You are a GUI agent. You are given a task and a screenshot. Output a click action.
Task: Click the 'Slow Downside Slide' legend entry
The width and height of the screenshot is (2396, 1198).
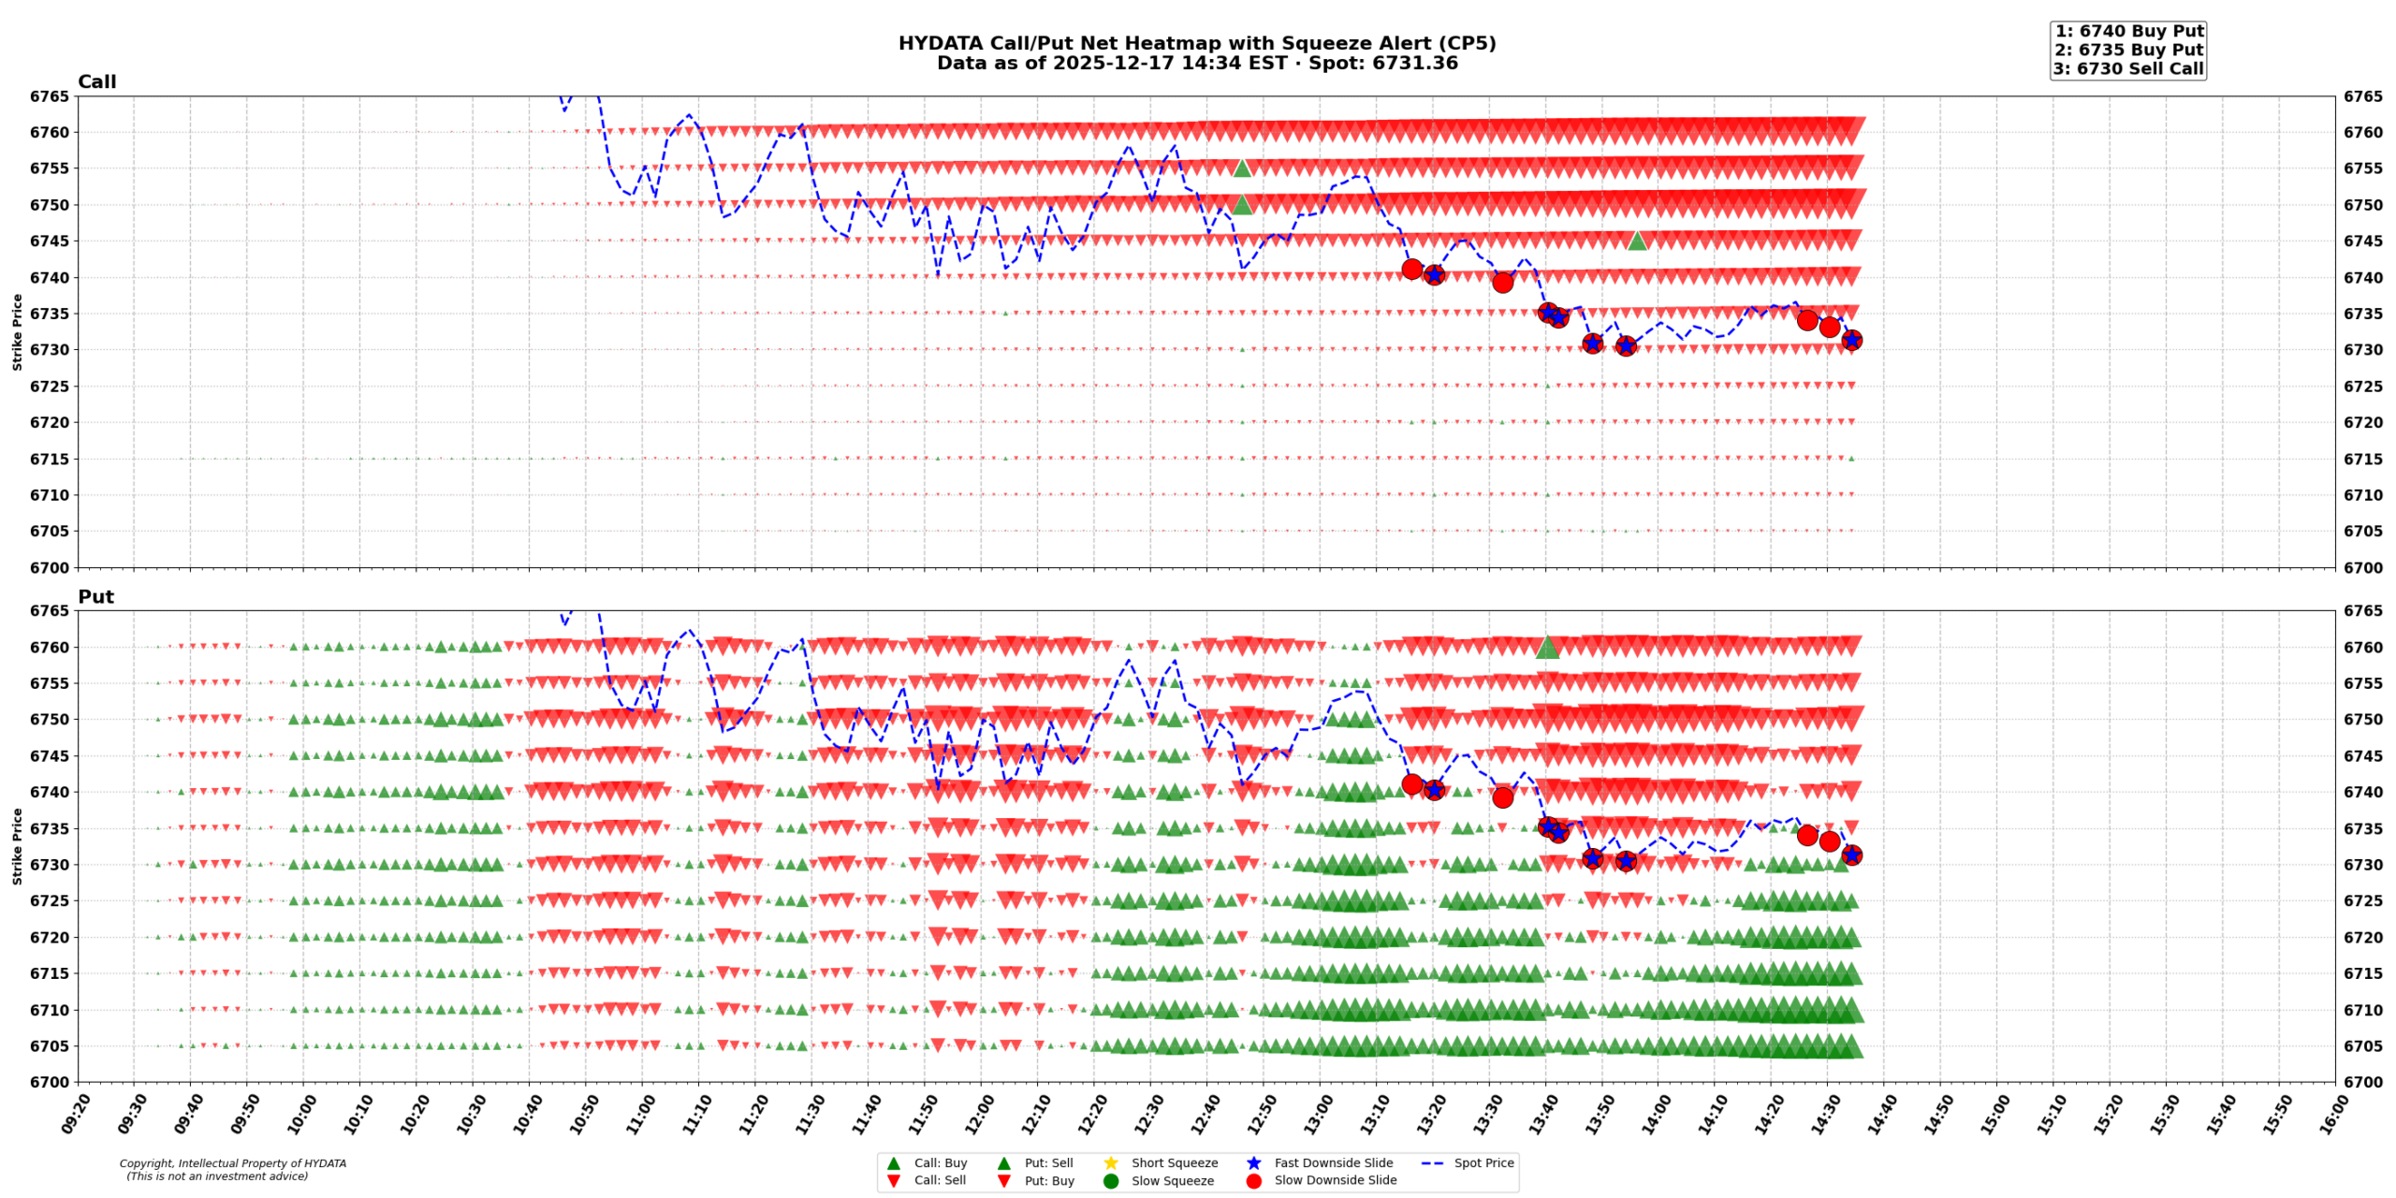pos(1334,1180)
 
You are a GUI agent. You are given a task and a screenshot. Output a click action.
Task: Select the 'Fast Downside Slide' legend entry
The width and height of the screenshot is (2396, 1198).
pos(1332,1162)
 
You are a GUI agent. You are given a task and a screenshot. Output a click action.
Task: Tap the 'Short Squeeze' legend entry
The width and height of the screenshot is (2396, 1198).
pos(1174,1162)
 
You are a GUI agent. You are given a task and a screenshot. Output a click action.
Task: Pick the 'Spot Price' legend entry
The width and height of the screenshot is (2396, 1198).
pos(1483,1162)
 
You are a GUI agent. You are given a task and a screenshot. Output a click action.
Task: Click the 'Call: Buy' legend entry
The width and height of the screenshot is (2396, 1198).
pos(940,1162)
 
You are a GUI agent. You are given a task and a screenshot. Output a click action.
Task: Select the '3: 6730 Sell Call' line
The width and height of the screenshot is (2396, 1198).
pos(2128,68)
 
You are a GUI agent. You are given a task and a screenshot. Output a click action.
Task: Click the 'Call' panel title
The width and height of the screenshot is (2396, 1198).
pos(96,81)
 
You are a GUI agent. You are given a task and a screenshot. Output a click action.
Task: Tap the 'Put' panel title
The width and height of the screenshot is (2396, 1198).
pos(95,596)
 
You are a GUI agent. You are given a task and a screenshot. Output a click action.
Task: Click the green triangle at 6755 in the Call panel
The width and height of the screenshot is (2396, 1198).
pos(1242,168)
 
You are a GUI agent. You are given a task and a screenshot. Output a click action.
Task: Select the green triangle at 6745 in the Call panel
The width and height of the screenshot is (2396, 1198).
pos(1636,241)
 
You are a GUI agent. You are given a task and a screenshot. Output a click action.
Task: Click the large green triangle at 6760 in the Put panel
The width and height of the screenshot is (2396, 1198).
pos(1547,647)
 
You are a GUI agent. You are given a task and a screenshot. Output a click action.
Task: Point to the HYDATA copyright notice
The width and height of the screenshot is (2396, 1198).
pos(232,1169)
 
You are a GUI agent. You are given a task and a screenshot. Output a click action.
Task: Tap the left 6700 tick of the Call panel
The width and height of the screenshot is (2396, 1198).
pos(49,567)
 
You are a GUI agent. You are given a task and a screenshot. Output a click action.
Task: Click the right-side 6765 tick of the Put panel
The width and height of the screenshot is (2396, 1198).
pos(2362,611)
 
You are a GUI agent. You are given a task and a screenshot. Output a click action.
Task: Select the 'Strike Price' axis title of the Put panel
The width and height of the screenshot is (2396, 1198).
pos(17,846)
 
